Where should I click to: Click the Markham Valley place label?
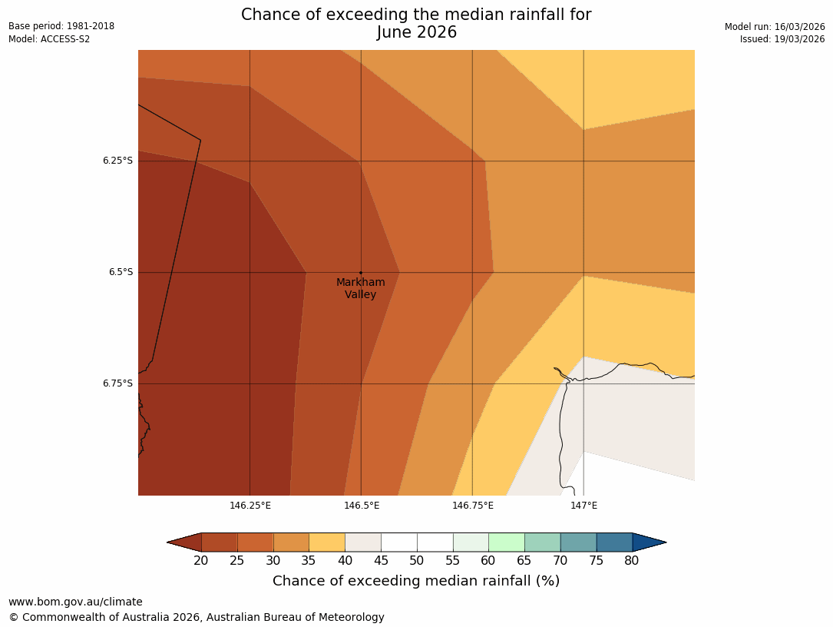[360, 288]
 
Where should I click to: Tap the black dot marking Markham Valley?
[361, 273]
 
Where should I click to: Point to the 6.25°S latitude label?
[117, 161]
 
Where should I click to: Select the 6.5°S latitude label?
[120, 272]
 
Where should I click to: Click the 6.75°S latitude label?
[117, 383]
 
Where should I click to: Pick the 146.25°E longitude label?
[250, 505]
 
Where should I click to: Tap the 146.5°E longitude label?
[362, 505]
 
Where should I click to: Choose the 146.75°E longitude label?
[472, 505]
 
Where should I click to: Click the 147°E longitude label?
[583, 505]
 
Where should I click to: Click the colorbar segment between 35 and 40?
[327, 542]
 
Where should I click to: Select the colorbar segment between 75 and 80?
[614, 542]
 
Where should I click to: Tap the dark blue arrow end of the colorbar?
[648, 542]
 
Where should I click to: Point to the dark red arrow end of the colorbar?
[185, 542]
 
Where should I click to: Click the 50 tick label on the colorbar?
[417, 561]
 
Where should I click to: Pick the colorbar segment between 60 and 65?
[507, 542]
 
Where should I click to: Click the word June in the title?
[396, 32]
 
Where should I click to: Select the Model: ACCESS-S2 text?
[49, 39]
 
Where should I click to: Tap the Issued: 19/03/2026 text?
[782, 39]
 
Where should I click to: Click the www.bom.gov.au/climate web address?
[75, 602]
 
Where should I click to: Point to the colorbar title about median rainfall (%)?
[416, 581]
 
